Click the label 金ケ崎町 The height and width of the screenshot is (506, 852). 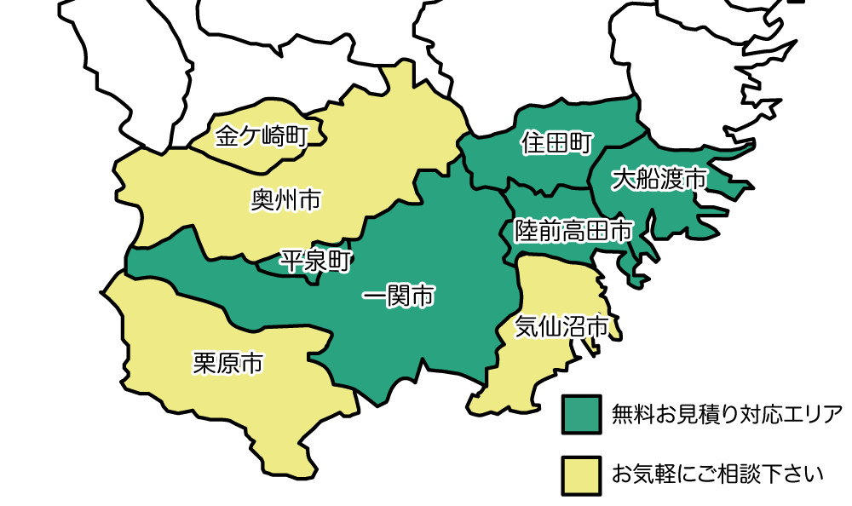(262, 136)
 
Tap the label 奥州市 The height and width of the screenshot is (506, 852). (286, 200)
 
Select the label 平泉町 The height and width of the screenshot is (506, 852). (316, 261)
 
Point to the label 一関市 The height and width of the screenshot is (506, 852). (399, 296)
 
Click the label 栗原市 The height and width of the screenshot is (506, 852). (228, 364)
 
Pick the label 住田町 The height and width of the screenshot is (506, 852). (557, 143)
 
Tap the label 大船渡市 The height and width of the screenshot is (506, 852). (659, 179)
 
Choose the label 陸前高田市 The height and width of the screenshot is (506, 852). (574, 230)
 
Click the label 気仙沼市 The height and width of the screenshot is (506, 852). (562, 327)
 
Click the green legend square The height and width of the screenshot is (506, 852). (582, 415)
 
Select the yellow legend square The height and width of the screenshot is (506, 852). (582, 475)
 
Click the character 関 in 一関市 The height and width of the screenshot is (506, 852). (399, 296)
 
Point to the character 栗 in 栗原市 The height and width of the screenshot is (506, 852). (204, 364)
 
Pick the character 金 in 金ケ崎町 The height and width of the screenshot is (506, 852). (227, 136)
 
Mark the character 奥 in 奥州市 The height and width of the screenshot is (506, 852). (262, 200)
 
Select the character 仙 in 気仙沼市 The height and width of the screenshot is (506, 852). (550, 327)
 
